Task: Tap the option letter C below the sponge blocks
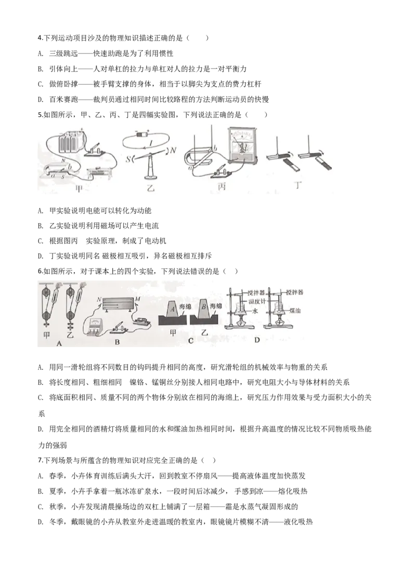(190, 340)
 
